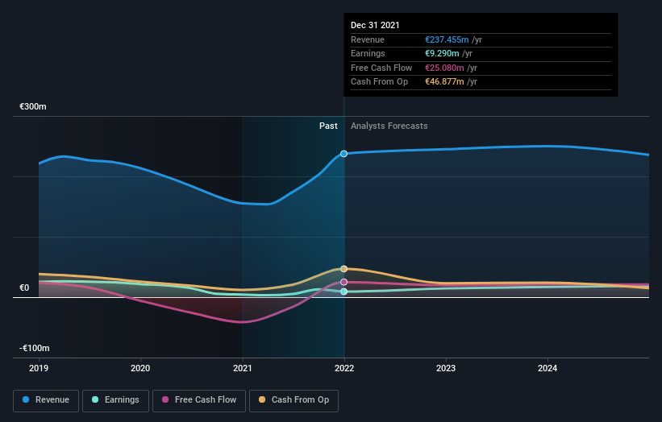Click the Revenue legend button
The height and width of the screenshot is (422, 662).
[47, 399]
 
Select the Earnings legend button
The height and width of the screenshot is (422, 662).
[115, 399]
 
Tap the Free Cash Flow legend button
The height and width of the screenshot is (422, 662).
[198, 399]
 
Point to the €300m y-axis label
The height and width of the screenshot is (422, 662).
[33, 107]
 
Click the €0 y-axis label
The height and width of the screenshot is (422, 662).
[24, 288]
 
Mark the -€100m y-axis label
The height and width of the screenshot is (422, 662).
[33, 348]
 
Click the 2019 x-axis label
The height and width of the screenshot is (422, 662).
[39, 369]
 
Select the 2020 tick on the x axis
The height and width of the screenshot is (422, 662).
[140, 369]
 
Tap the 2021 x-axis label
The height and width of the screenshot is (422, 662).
[243, 369]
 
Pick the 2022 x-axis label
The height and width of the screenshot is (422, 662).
[344, 369]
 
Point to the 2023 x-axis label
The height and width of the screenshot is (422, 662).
[446, 369]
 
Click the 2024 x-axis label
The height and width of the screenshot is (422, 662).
[548, 369]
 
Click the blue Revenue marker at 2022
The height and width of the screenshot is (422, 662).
[344, 153]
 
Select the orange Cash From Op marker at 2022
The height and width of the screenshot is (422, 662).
[344, 269]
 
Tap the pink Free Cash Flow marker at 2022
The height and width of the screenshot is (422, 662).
[344, 282]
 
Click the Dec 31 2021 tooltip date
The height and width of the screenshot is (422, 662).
[375, 26]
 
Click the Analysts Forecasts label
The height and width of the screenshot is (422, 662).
[389, 126]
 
